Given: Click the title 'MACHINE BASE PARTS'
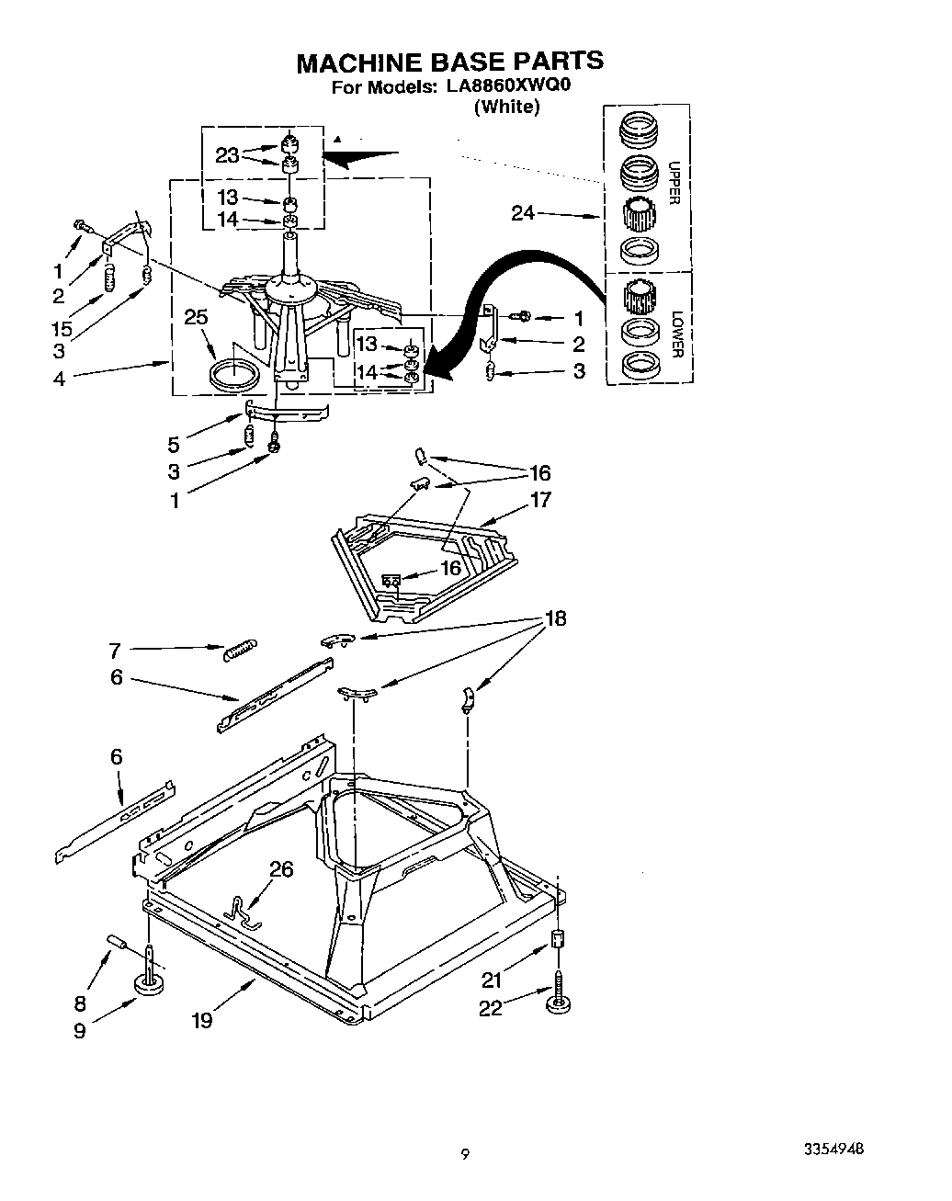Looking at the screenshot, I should click(x=449, y=62).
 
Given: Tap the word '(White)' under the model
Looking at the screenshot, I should click(x=506, y=108).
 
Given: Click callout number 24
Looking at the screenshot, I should click(x=523, y=213).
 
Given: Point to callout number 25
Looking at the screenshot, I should click(x=196, y=317).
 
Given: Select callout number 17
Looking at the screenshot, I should click(x=540, y=500).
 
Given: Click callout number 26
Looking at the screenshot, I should click(x=281, y=868).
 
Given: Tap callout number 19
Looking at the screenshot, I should click(x=201, y=1019).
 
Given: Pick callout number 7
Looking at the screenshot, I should click(x=115, y=651).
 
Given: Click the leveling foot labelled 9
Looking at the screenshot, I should click(x=148, y=984).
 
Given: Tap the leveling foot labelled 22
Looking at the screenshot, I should click(x=557, y=1004).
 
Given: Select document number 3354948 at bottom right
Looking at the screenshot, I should click(x=833, y=1150).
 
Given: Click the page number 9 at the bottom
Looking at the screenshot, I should click(x=466, y=1154).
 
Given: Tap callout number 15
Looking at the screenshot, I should click(x=62, y=328).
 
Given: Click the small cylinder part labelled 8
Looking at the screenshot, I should click(x=117, y=941).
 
